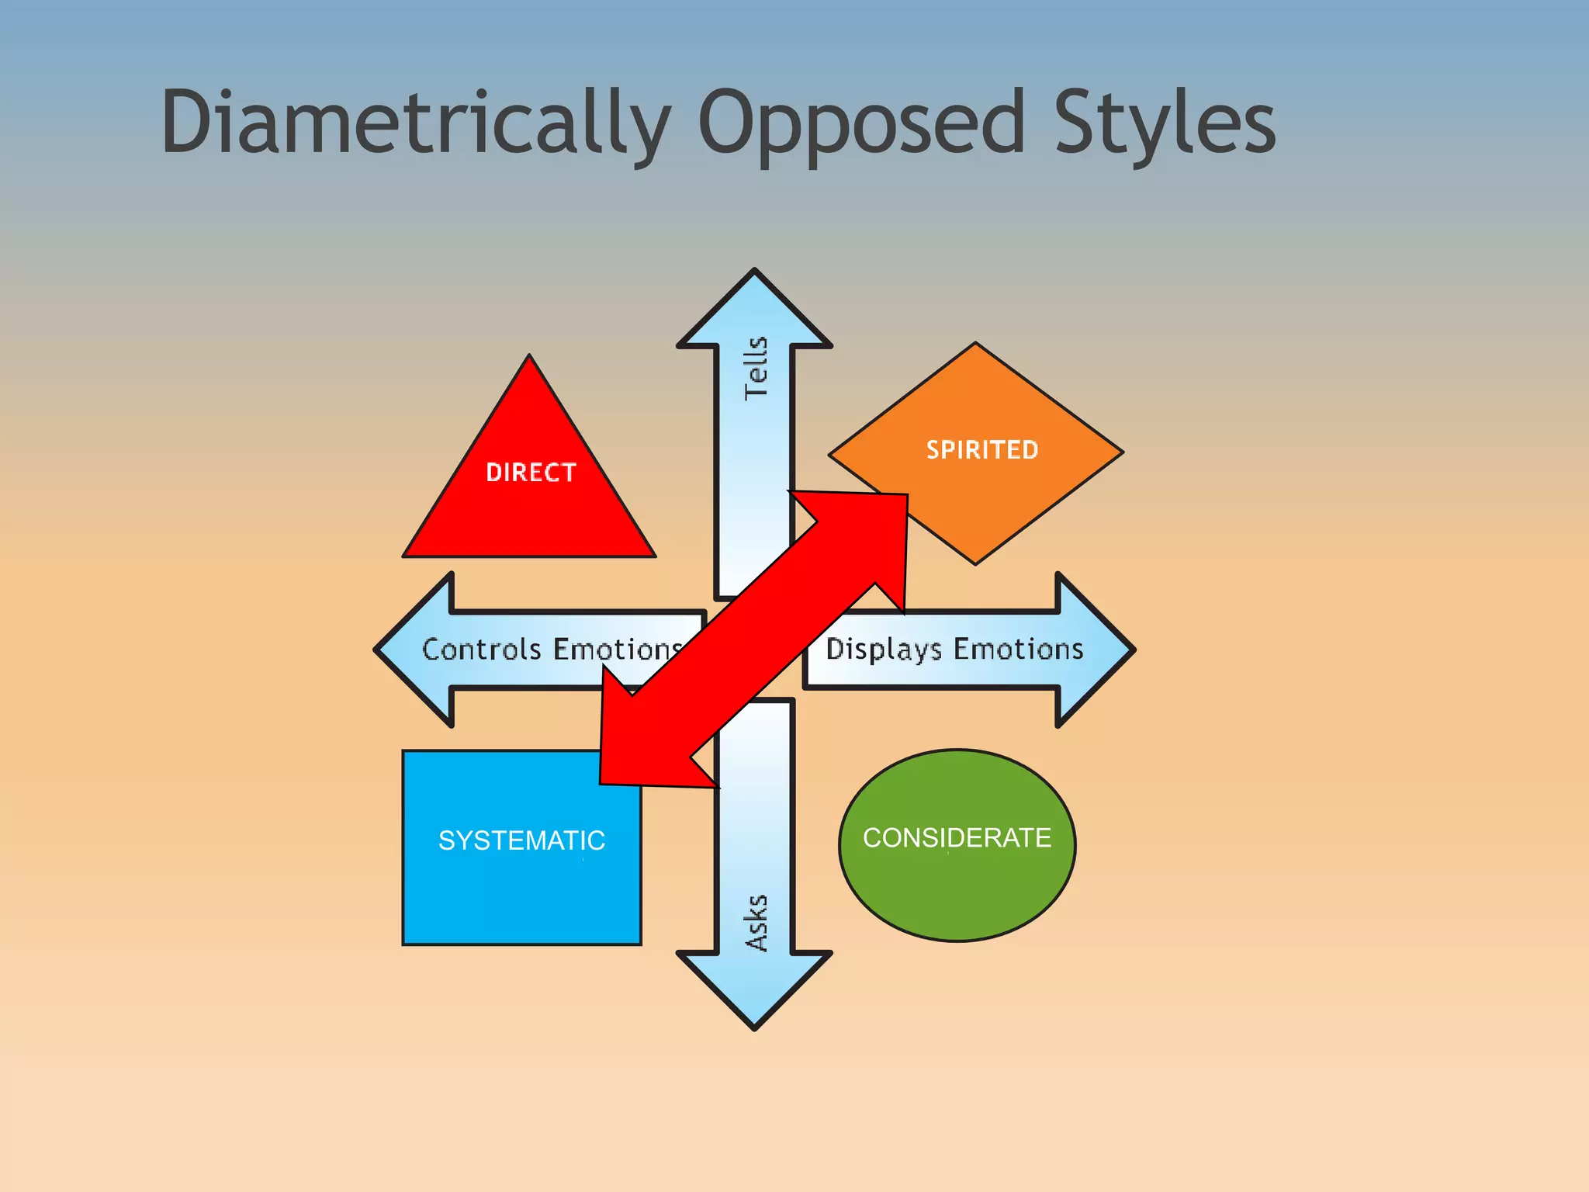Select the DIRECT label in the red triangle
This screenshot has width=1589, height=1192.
click(x=531, y=472)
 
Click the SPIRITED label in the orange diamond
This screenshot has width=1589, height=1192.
click(x=982, y=449)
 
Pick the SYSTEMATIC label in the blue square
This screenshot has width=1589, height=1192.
click(x=521, y=840)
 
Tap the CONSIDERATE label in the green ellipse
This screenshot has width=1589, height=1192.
click(x=957, y=838)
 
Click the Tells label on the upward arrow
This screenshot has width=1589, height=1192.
click(x=756, y=369)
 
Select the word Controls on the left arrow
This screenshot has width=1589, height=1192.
click(x=481, y=649)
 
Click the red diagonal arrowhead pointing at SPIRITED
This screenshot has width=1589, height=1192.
click(x=877, y=528)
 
